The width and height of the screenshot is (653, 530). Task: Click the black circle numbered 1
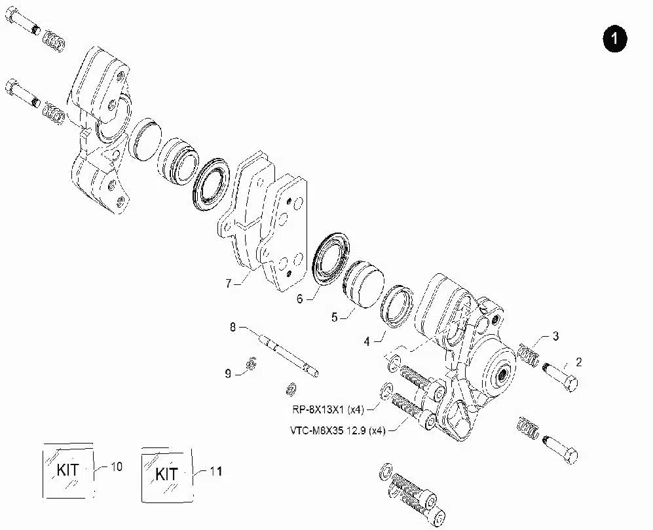[614, 39]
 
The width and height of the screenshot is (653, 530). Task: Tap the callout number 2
[578, 361]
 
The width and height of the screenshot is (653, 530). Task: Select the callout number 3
[555, 337]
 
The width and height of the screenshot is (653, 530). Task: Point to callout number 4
[367, 341]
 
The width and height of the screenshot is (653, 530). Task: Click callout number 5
[335, 317]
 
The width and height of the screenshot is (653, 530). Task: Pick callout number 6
[300, 299]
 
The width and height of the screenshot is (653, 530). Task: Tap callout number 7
[229, 284]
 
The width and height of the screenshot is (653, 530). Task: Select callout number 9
[228, 373]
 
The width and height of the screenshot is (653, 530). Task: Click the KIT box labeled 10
[67, 470]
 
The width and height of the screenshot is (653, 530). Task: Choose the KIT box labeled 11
[167, 473]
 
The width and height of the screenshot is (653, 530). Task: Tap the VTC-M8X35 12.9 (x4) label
[337, 430]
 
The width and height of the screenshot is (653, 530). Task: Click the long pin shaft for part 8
[289, 353]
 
